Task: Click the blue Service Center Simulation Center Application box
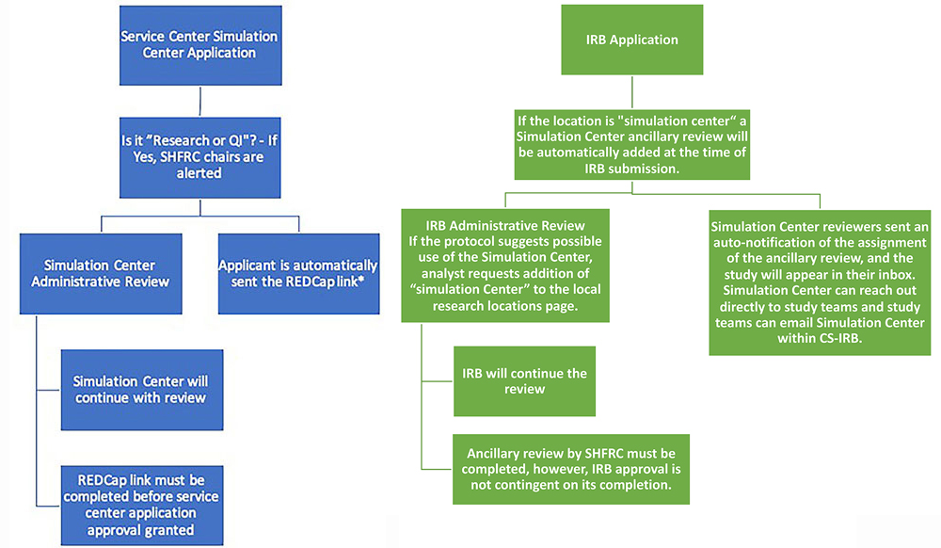[x=199, y=44]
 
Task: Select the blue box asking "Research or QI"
[x=199, y=156]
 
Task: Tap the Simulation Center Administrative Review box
[x=99, y=274]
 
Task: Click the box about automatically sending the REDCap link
[x=298, y=274]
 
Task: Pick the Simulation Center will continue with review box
[x=141, y=389]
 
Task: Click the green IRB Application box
[x=631, y=40]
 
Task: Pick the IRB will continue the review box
[x=524, y=380]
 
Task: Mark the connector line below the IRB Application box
[x=631, y=93]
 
